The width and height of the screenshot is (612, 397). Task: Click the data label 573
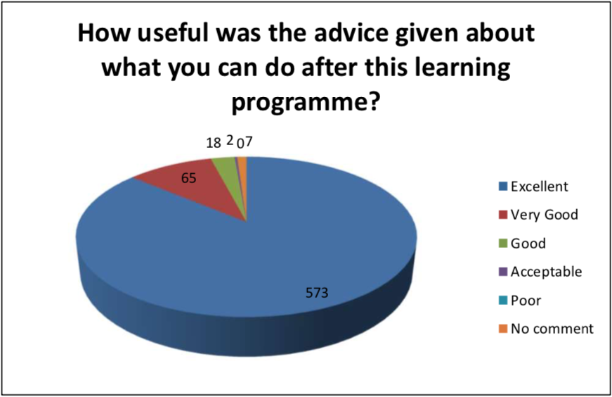[x=317, y=293]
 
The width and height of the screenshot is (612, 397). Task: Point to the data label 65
[x=188, y=178]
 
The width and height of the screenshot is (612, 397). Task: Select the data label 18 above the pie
[x=214, y=143]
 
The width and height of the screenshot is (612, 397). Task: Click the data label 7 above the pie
[x=249, y=142]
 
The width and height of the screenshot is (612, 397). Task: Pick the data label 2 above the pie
[x=230, y=141]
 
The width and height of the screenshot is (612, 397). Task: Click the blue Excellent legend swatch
[x=503, y=187]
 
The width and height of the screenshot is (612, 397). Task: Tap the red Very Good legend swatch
[x=503, y=215]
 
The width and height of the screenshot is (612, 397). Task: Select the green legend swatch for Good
[x=503, y=244]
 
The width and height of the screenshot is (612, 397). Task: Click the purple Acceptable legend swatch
[x=503, y=272]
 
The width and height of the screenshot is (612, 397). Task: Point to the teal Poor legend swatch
[x=503, y=301]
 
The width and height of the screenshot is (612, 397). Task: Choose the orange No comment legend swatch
[x=503, y=329]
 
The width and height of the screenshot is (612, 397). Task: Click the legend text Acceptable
[x=546, y=272]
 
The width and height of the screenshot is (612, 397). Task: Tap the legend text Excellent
[x=540, y=187]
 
